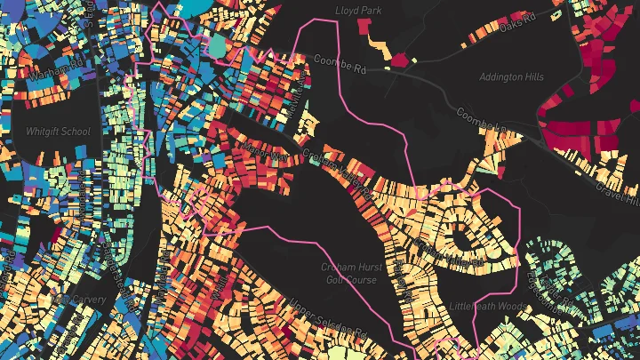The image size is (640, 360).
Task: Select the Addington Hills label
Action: tap(511, 77)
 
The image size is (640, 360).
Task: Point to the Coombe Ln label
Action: tap(481, 119)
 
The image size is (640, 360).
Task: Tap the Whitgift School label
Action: tap(58, 132)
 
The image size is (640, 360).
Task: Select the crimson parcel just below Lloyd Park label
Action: tap(364, 28)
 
